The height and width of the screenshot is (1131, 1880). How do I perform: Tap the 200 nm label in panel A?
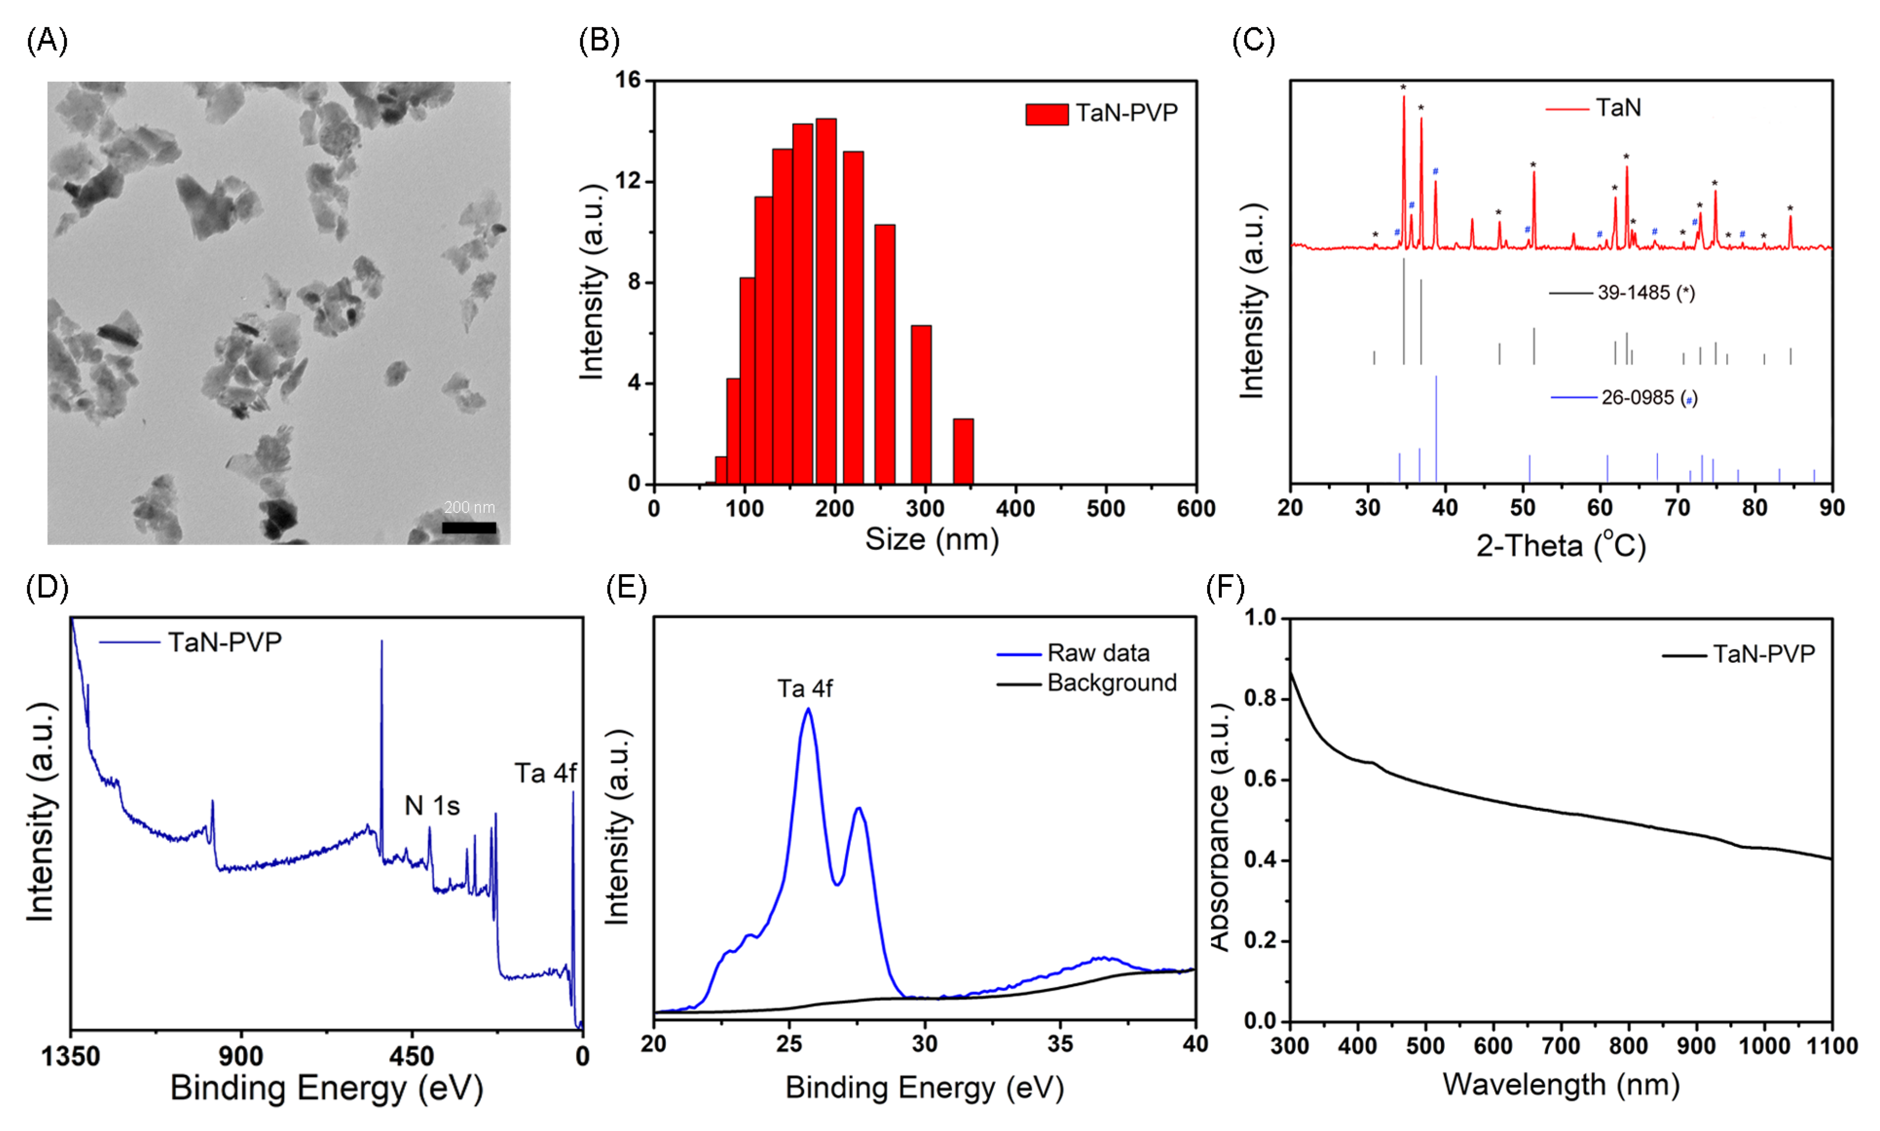click(x=469, y=507)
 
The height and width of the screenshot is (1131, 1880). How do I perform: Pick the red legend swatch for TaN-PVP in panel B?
click(x=1046, y=114)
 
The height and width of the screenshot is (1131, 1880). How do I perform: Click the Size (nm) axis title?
click(x=932, y=540)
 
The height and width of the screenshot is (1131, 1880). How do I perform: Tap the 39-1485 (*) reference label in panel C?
click(x=1645, y=292)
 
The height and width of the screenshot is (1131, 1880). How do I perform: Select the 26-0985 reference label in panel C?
click(x=1648, y=398)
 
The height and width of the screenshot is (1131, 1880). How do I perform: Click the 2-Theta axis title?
click(x=1561, y=546)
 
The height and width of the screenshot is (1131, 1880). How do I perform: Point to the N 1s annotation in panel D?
click(x=432, y=805)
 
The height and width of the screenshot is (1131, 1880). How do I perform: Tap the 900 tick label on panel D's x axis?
click(x=241, y=1057)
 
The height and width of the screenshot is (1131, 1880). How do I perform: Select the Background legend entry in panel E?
click(x=1111, y=683)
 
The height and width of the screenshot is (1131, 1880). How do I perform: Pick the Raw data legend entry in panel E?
click(x=1098, y=653)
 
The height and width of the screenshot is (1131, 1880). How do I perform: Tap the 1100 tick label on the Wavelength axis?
click(x=1831, y=1046)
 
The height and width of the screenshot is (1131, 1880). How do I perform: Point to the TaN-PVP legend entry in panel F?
click(x=1763, y=654)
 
